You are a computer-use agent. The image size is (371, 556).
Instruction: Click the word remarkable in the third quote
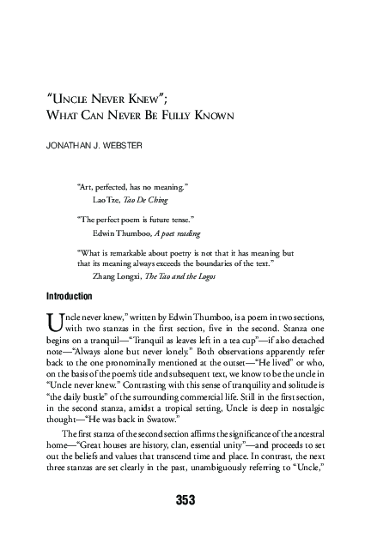(x=121, y=254)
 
